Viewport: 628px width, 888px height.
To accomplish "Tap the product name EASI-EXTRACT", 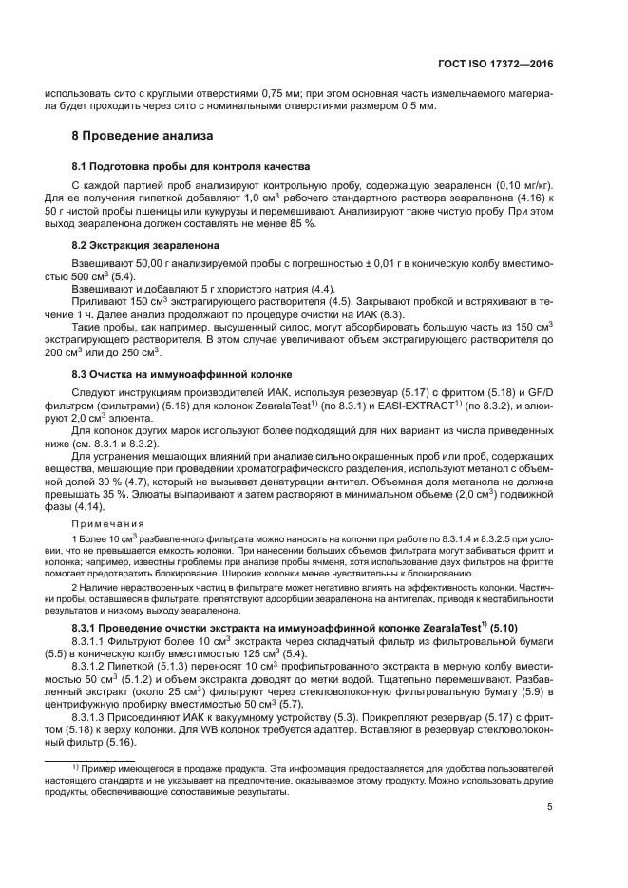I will (x=418, y=406).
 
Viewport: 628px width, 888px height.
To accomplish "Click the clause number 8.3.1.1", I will (x=89, y=640).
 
